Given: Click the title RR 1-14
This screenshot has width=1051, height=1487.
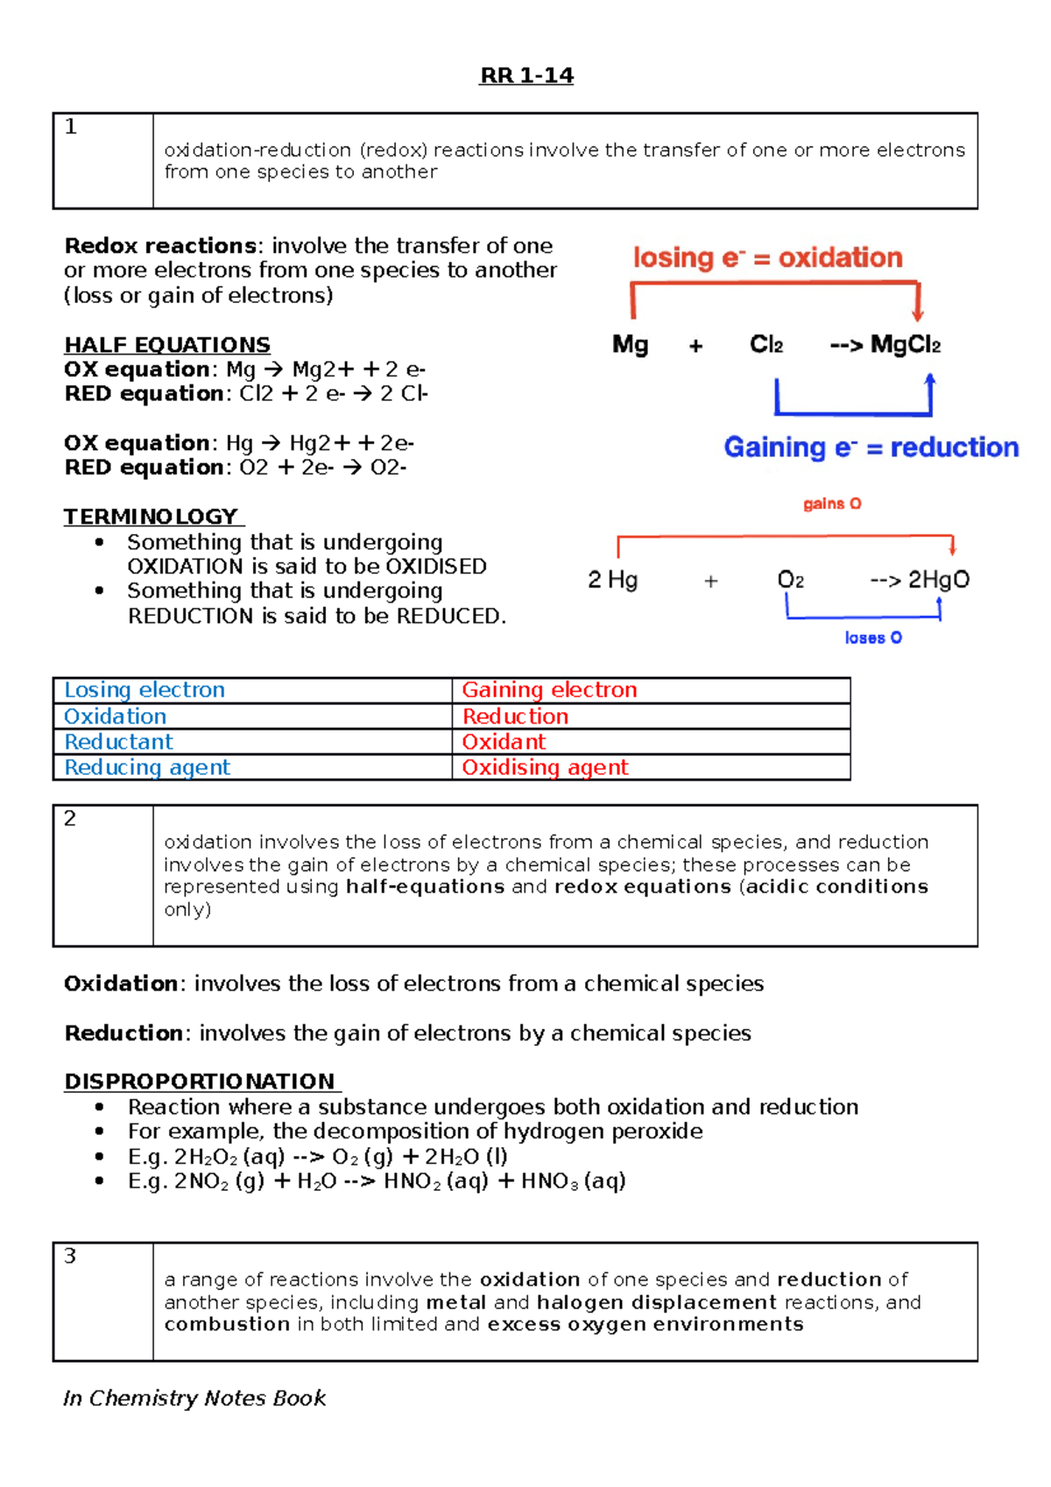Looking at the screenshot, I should point(526,76).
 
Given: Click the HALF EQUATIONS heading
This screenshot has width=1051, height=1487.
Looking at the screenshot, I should point(167,345).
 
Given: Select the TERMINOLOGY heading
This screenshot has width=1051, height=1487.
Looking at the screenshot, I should point(152,517).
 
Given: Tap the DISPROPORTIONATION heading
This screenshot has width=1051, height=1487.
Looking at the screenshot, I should point(200,1082).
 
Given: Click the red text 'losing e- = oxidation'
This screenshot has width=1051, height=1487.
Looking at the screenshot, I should point(767,257).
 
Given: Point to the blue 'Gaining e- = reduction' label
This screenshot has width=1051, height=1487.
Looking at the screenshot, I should point(871,448).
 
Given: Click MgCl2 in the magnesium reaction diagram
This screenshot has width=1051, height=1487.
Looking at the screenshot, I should point(905,345).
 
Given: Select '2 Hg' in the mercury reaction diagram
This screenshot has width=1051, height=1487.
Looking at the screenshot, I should point(613,580).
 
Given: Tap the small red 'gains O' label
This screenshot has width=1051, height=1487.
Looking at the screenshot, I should point(832,504).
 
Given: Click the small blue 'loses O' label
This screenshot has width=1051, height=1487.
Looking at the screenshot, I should point(872,638).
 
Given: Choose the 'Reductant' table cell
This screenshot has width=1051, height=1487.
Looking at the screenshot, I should point(118,742).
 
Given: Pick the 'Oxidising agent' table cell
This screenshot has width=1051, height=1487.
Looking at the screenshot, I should point(545,767).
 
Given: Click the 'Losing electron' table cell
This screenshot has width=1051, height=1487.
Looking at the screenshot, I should point(145,690).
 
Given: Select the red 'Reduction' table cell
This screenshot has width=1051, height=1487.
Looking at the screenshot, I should point(515,716).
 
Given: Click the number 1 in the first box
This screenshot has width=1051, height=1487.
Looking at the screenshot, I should point(71,127).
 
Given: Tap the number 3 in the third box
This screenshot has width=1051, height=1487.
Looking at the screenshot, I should point(70,1256).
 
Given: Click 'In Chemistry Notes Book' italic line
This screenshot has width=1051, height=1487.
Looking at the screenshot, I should point(194,1398).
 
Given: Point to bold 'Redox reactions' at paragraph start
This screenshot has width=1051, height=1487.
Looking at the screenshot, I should point(160,246).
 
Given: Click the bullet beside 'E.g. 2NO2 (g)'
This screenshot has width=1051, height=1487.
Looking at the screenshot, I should point(100,1181).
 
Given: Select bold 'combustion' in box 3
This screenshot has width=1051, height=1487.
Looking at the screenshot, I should point(227,1324).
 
